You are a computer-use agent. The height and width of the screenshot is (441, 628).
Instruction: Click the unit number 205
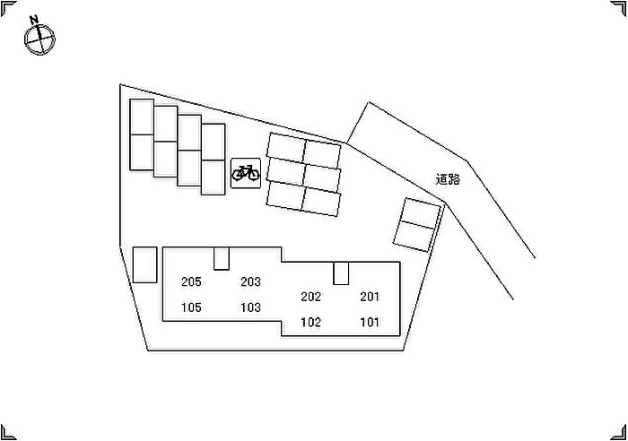tap(191, 281)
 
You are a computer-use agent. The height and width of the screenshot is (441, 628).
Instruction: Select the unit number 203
tap(250, 281)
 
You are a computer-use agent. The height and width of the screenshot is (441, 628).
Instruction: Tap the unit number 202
tap(310, 297)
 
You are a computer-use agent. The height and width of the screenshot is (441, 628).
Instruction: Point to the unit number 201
tap(370, 297)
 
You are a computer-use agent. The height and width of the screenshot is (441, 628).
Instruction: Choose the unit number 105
tap(191, 307)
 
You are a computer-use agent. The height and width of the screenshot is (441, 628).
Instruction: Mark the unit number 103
tap(250, 307)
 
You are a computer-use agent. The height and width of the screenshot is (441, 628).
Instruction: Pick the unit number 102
tap(310, 322)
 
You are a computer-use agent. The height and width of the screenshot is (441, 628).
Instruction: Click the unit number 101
tap(370, 322)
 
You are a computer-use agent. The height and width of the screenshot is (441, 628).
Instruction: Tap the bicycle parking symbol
tap(246, 173)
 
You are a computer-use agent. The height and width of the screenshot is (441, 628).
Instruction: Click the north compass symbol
tap(39, 39)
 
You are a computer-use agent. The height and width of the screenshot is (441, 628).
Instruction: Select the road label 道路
tap(448, 179)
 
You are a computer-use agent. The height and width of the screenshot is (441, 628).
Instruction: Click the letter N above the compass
tap(34, 20)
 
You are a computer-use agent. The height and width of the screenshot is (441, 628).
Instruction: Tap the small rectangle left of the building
tap(144, 265)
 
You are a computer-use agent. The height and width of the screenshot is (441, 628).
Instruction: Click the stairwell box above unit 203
tap(221, 258)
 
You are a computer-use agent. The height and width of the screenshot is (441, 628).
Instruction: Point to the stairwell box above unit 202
tap(341, 273)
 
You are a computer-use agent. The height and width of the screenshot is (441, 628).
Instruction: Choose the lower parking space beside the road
tap(414, 236)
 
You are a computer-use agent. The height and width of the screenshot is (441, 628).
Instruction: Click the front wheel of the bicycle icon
tap(253, 174)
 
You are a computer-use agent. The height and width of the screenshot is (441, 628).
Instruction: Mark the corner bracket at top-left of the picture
tap(8, 8)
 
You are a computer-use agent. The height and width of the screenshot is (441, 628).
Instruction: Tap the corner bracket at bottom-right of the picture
tap(619, 433)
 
